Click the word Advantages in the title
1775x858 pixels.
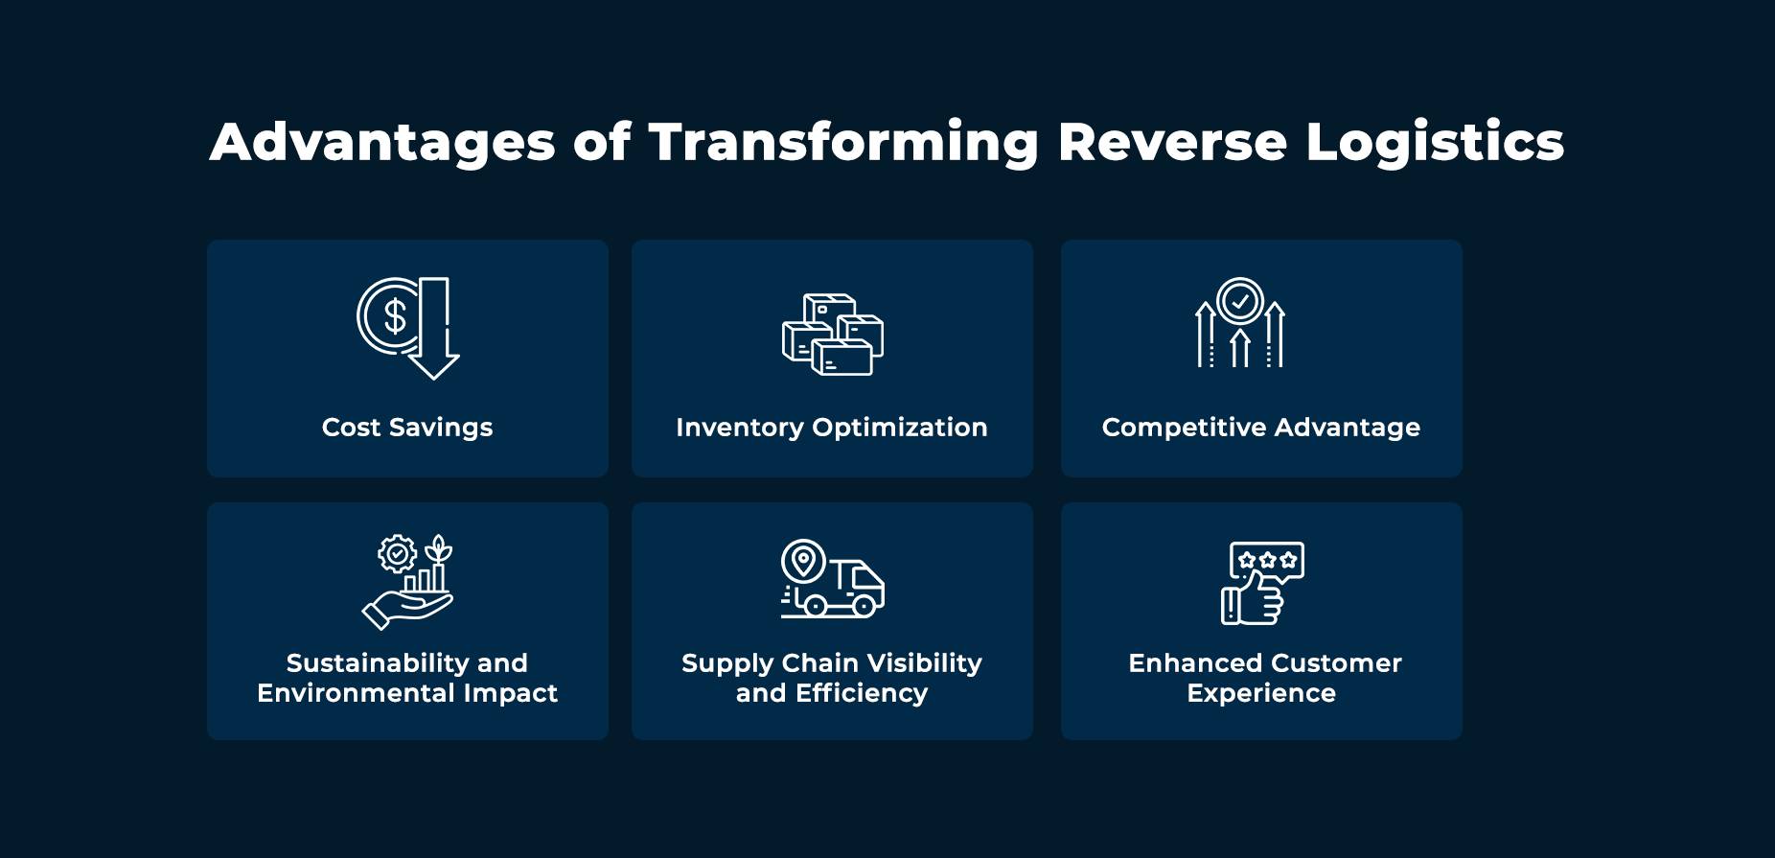click(x=382, y=143)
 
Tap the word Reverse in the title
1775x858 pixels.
click(x=1172, y=142)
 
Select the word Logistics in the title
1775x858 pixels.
click(x=1435, y=143)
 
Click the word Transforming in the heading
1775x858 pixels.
click(x=843, y=143)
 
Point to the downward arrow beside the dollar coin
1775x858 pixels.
click(x=434, y=328)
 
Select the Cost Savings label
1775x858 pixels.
click(x=407, y=428)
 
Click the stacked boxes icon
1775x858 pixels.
click(x=832, y=334)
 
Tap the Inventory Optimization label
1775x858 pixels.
click(x=832, y=428)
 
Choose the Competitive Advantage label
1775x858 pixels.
click(x=1261, y=428)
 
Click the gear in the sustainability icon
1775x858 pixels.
click(x=397, y=553)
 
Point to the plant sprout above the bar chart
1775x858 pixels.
click(x=438, y=548)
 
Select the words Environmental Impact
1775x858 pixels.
click(x=407, y=693)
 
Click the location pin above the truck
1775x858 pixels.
click(x=803, y=560)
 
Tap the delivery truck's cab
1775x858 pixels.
click(x=865, y=582)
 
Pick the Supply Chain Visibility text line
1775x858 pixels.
click(x=832, y=663)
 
